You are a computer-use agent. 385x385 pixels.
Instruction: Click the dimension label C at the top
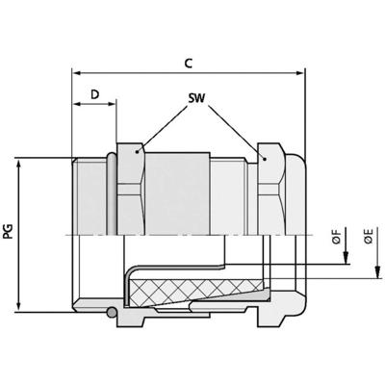(190, 64)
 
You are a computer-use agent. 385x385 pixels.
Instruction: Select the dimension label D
(94, 94)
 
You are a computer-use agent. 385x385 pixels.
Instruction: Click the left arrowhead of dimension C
(77, 73)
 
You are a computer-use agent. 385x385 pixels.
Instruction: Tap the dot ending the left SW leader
(139, 149)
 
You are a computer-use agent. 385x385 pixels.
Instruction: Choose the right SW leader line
(237, 128)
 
